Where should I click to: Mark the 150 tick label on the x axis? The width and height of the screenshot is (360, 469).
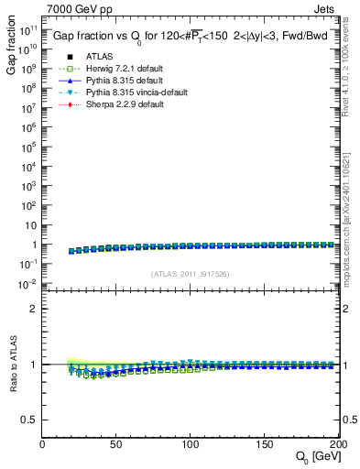[x=263, y=443]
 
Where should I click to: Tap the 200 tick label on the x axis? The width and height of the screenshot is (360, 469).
[x=333, y=443]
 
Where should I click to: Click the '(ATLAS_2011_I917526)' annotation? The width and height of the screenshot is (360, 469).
[x=190, y=274]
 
